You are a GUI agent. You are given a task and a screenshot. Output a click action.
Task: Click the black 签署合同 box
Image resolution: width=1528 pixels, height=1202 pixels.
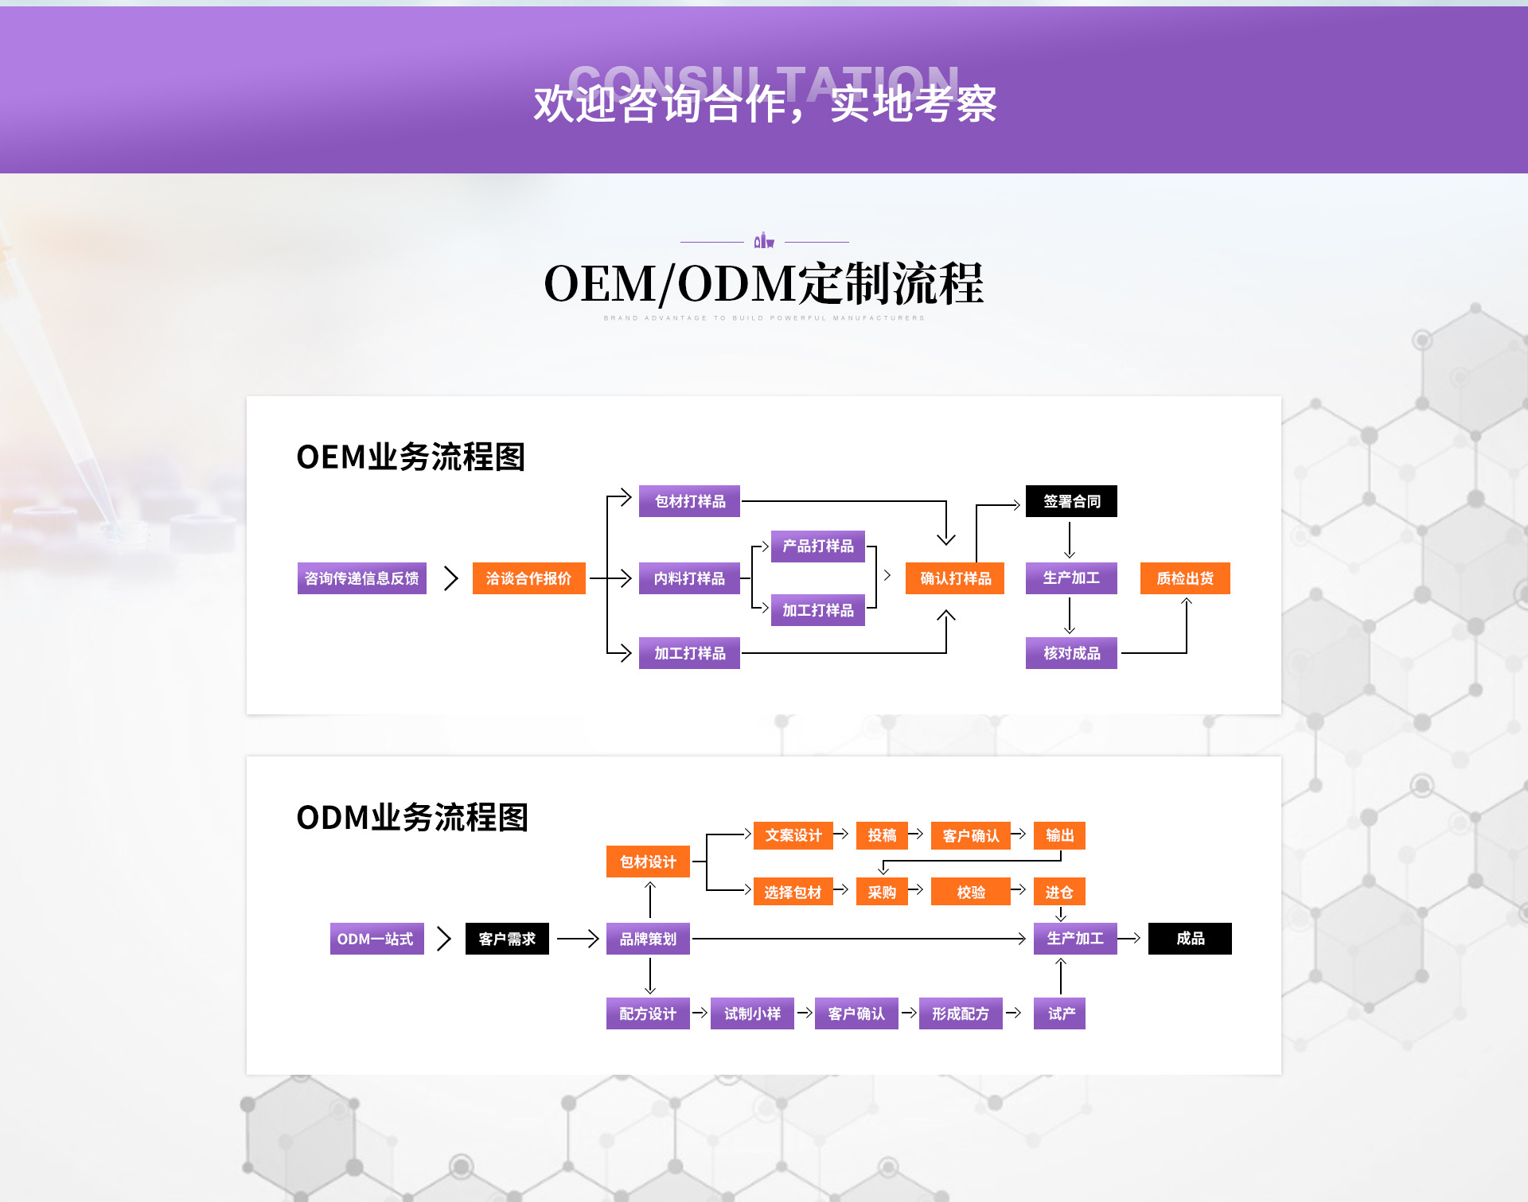click(x=1071, y=501)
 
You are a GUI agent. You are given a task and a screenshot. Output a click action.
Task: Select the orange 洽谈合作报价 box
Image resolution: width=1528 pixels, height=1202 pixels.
click(x=528, y=578)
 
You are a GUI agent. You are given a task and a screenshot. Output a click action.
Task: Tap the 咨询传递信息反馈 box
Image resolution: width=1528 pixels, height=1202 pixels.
click(x=362, y=578)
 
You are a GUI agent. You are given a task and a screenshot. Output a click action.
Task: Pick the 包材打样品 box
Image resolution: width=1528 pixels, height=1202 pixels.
click(x=689, y=501)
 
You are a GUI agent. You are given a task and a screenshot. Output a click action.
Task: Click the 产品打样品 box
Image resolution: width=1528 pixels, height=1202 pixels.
click(x=817, y=546)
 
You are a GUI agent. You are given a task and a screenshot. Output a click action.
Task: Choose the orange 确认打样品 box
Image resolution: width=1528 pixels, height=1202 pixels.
click(x=955, y=578)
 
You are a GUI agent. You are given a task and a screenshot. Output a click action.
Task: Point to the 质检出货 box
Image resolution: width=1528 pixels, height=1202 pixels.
click(x=1185, y=578)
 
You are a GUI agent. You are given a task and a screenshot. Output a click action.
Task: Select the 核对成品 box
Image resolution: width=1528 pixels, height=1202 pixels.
click(x=1071, y=653)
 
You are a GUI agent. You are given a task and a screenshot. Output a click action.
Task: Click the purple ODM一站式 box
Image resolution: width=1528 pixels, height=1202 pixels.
click(x=376, y=939)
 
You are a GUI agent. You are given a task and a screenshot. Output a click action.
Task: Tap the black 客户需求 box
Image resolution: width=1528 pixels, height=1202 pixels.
click(x=507, y=939)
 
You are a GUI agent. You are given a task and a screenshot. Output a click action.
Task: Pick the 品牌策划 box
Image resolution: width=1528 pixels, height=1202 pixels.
click(x=648, y=939)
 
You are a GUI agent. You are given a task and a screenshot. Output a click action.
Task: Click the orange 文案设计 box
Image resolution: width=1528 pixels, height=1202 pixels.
click(x=793, y=835)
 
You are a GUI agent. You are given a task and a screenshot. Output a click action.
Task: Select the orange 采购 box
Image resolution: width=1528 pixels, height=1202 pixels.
click(x=882, y=892)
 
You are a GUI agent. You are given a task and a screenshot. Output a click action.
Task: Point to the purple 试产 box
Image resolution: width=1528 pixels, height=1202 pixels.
click(x=1059, y=1013)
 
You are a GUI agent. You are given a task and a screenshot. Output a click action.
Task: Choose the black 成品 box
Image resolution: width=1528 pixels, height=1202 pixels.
click(x=1190, y=939)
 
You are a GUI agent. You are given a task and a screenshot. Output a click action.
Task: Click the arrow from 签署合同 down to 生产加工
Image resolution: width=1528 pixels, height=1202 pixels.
click(x=1070, y=540)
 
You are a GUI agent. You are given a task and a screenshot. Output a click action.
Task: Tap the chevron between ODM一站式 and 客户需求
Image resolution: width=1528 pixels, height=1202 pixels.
click(x=444, y=939)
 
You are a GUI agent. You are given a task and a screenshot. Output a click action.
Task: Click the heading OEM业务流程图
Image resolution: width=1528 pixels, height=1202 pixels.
click(x=411, y=457)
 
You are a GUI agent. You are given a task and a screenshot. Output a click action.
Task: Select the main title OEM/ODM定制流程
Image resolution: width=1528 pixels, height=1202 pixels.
click(x=764, y=284)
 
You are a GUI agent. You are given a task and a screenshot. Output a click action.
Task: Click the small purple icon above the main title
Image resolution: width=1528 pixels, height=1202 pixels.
click(x=764, y=240)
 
